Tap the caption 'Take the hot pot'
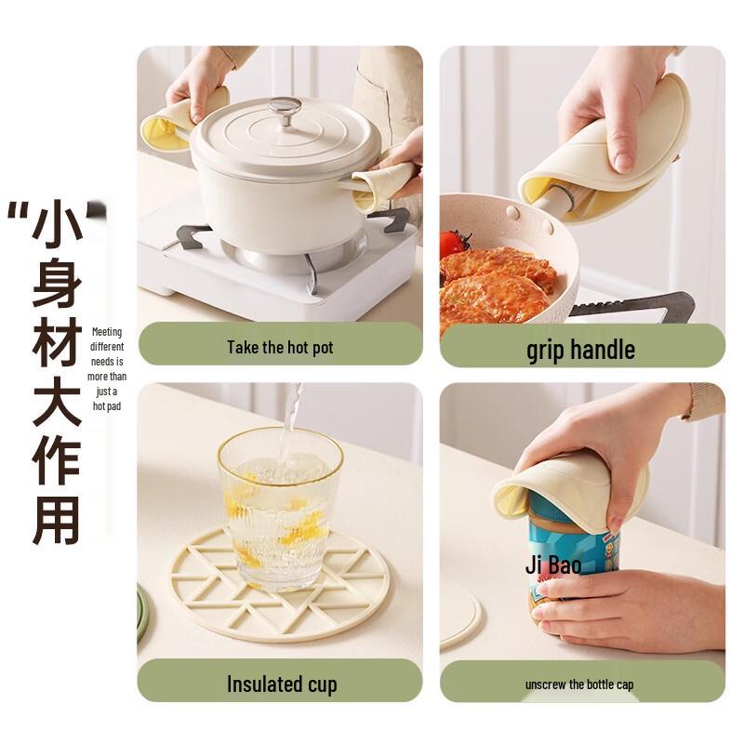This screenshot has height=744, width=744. (x=280, y=348)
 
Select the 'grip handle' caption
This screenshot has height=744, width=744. (x=580, y=350)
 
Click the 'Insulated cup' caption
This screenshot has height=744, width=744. (x=281, y=684)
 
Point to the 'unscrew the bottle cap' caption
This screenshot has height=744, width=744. (x=579, y=684)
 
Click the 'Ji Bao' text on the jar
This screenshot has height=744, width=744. (x=552, y=565)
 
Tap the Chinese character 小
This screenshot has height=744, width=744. (x=57, y=227)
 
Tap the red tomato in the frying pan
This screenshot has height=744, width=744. (x=453, y=244)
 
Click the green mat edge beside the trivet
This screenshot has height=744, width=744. (x=141, y=614)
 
